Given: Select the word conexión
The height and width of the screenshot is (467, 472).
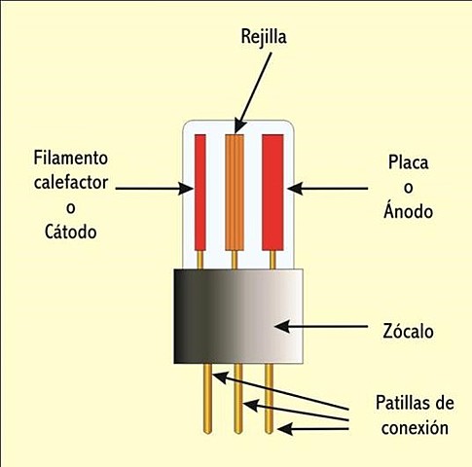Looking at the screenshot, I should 415,426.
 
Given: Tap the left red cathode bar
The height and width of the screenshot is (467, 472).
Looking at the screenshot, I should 200,191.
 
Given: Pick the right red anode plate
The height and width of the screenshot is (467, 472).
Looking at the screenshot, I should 272,191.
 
